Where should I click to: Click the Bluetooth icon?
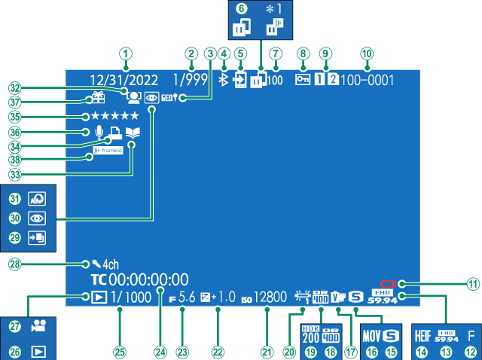pyautogui.click(x=222, y=78)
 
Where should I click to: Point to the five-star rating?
pyautogui.click(x=114, y=116)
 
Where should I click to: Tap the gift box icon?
pyautogui.click(x=98, y=98)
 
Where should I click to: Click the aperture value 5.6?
pyautogui.click(x=187, y=297)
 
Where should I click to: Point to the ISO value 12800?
pyautogui.click(x=270, y=297)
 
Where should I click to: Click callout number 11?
pyautogui.click(x=473, y=284)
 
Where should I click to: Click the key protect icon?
pyautogui.click(x=302, y=78)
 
